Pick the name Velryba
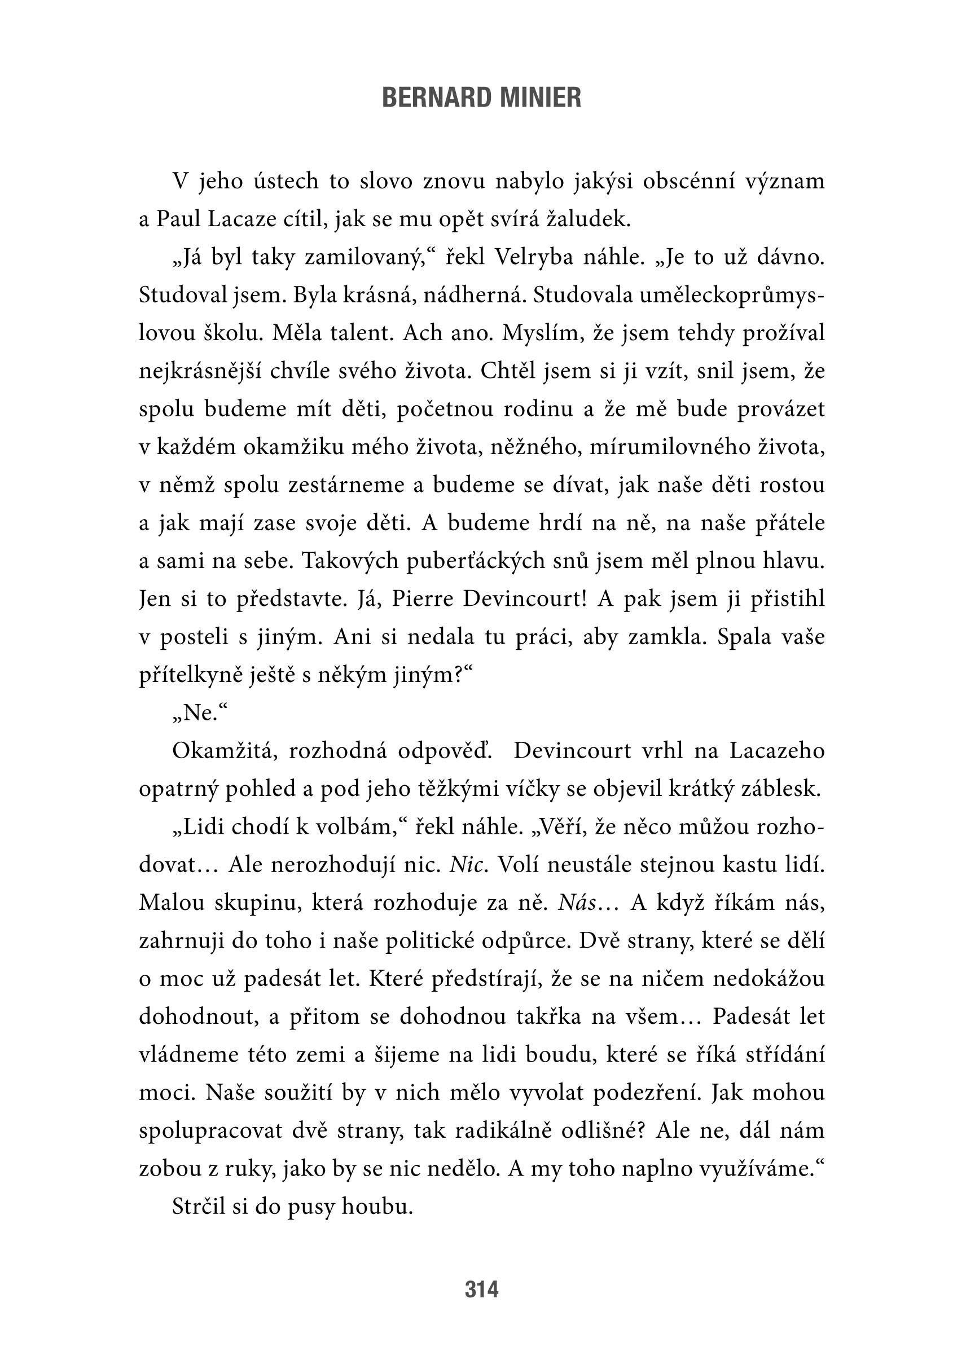point(534,257)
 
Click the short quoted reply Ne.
point(200,713)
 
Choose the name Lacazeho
point(777,751)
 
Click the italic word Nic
point(469,865)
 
